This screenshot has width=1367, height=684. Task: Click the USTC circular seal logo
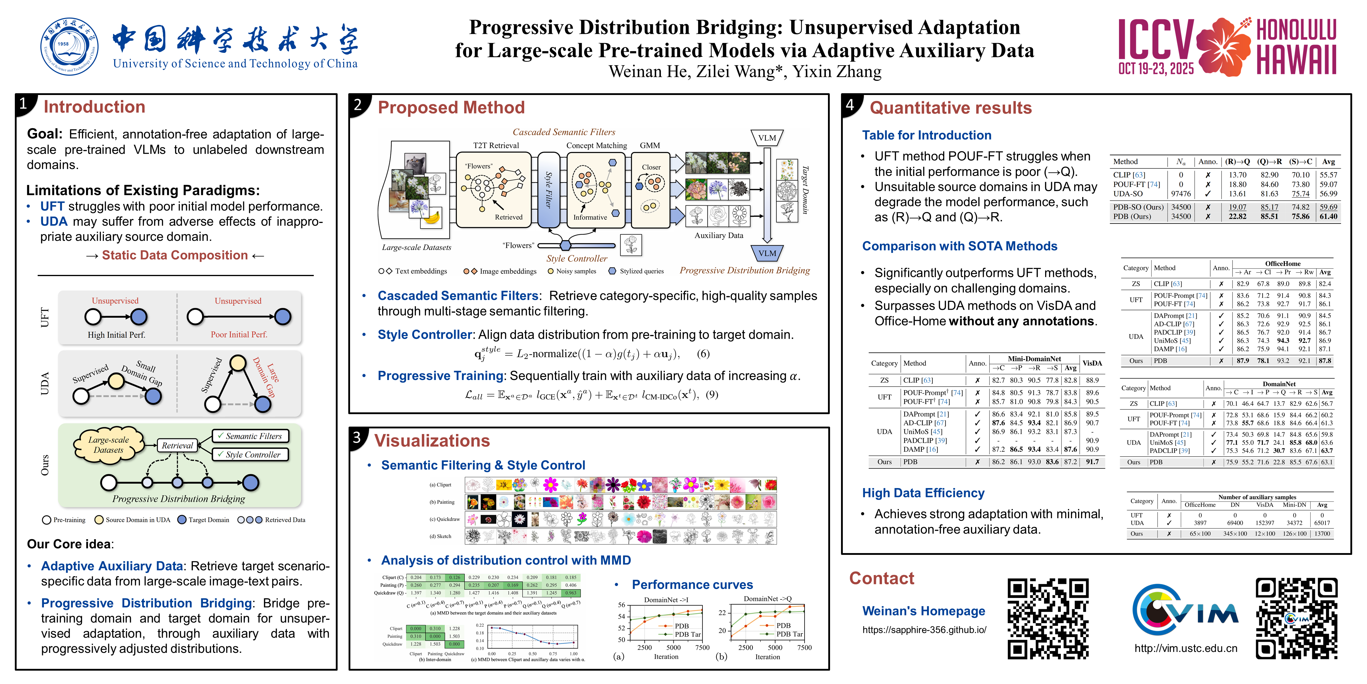(69, 46)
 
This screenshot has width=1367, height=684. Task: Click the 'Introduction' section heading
(94, 107)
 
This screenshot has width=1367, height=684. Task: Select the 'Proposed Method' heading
(451, 108)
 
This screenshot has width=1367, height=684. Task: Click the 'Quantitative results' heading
(950, 108)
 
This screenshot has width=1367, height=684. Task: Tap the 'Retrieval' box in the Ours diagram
(177, 446)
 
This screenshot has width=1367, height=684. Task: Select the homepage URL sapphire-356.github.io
(924, 630)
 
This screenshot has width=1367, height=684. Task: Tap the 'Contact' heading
(881, 578)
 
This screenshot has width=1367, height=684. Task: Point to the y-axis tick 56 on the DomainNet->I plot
(621, 605)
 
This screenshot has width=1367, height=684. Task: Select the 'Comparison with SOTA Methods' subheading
(959, 246)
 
